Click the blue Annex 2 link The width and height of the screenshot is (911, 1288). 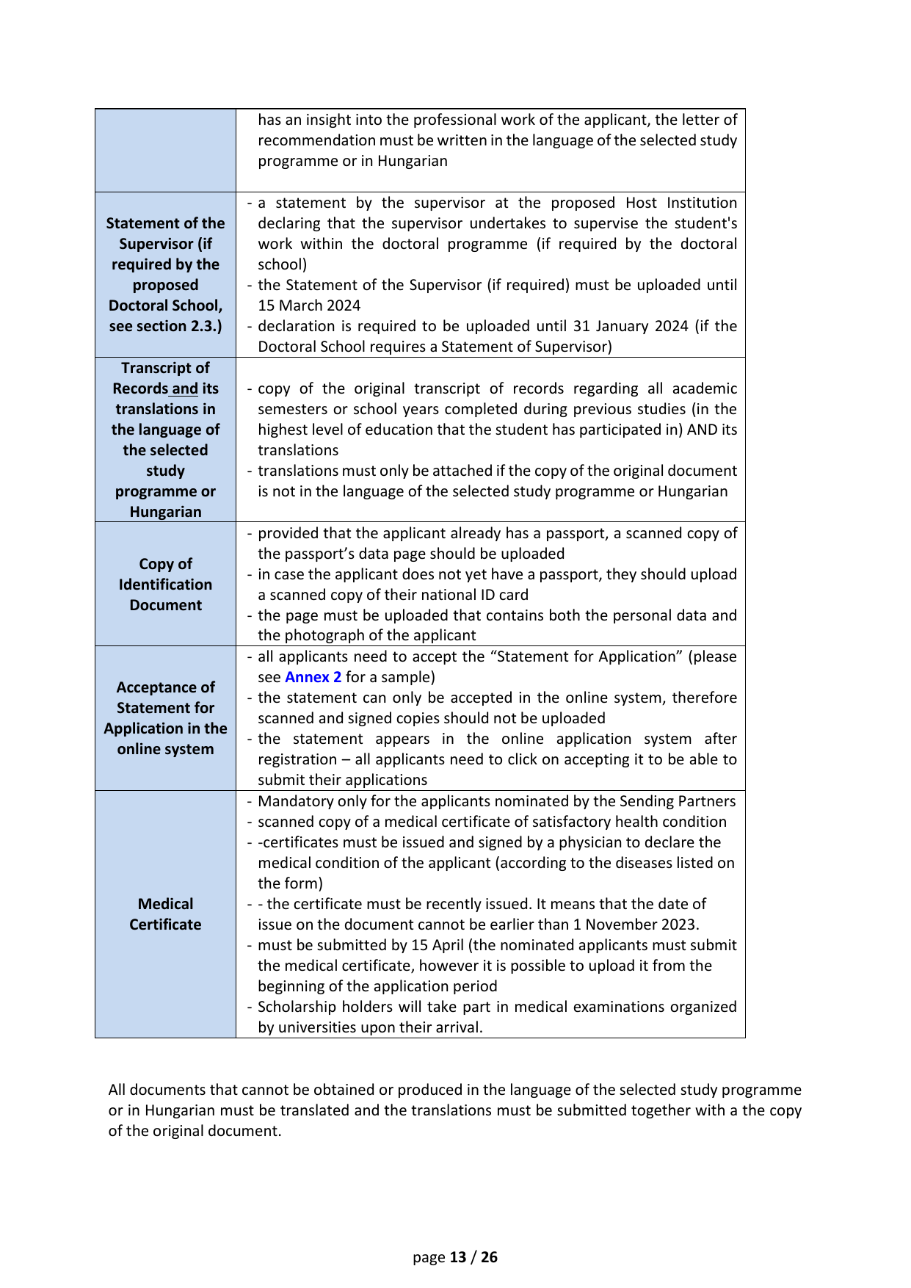click(313, 677)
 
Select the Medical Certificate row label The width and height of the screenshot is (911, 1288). click(165, 914)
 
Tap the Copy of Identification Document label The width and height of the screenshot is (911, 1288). click(165, 585)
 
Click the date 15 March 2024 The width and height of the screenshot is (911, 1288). click(309, 305)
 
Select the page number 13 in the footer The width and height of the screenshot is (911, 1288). click(458, 1257)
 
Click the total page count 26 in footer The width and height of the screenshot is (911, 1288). click(489, 1257)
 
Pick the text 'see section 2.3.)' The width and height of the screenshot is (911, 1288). click(165, 326)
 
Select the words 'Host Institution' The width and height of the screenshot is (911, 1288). click(681, 203)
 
